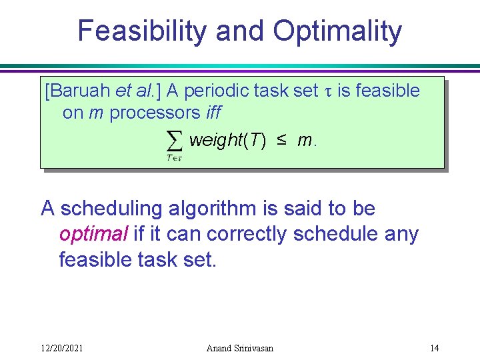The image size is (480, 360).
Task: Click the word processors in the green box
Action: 155,113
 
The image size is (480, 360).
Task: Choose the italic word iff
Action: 213,113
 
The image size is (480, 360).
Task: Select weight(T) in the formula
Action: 227,141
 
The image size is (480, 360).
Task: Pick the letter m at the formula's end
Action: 305,141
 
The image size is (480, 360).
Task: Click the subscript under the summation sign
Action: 174,157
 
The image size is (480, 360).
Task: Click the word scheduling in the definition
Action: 111,209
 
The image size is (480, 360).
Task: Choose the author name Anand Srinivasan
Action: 239,347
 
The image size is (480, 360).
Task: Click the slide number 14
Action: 434,347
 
